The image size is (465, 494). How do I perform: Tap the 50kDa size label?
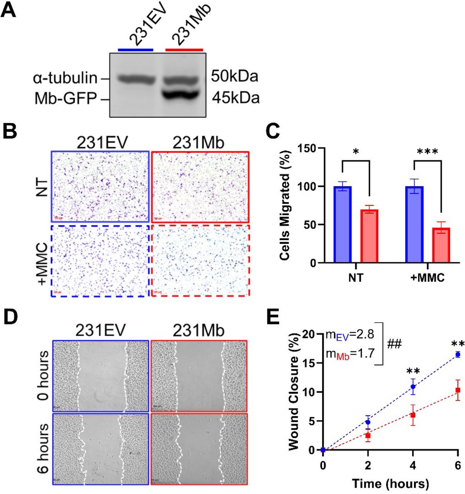234,77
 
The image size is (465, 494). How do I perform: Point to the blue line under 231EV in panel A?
136,50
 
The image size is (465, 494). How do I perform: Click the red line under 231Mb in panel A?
184,50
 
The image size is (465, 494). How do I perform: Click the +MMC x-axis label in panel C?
427,277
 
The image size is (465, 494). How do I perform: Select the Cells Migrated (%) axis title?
285,206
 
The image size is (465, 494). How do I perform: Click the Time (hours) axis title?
390,483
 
